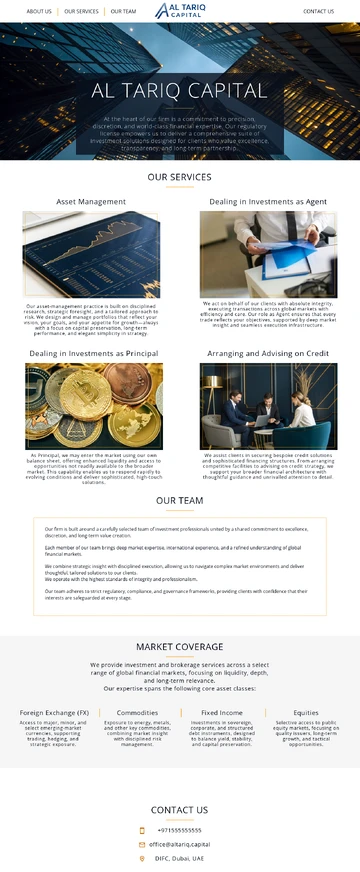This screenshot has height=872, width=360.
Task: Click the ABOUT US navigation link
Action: pyautogui.click(x=39, y=12)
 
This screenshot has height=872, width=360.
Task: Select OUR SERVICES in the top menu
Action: pyautogui.click(x=81, y=12)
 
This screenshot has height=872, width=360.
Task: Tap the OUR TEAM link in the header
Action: pyautogui.click(x=123, y=12)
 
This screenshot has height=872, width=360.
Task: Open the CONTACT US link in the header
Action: pyautogui.click(x=318, y=12)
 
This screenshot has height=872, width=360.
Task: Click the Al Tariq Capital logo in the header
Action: pyautogui.click(x=180, y=11)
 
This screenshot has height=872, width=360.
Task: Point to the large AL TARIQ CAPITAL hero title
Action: pyautogui.click(x=180, y=91)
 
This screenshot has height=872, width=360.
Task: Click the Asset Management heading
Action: pyautogui.click(x=91, y=202)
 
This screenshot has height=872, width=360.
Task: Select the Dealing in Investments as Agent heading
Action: pyautogui.click(x=268, y=202)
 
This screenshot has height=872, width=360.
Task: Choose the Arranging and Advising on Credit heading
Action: pyautogui.click(x=268, y=354)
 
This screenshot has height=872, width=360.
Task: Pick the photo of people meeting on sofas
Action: pyautogui.click(x=268, y=406)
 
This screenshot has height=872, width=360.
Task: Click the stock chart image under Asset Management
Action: pyautogui.click(x=92, y=254)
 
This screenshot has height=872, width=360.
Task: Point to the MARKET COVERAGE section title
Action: pyautogui.click(x=180, y=647)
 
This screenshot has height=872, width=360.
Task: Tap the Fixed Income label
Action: pyautogui.click(x=222, y=713)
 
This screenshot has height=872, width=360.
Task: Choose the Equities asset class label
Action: pyautogui.click(x=306, y=713)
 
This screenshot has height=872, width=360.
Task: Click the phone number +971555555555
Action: pyautogui.click(x=179, y=830)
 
